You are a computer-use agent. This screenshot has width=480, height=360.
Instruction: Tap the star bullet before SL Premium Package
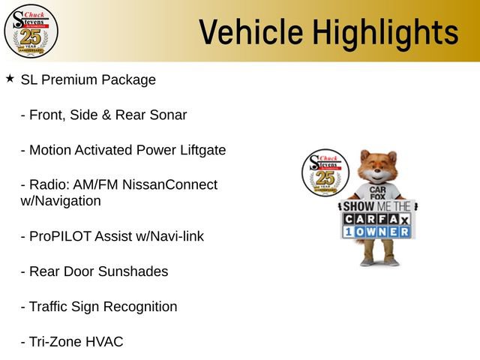[x=10, y=78]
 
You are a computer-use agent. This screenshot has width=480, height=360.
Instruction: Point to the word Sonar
[x=167, y=115]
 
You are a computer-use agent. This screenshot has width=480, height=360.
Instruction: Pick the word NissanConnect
[x=172, y=184]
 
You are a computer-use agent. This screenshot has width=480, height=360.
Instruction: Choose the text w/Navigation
[x=61, y=201]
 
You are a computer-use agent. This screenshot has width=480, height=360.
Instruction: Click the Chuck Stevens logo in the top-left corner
[x=31, y=31]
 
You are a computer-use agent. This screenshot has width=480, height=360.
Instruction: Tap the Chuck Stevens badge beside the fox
[x=324, y=172]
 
